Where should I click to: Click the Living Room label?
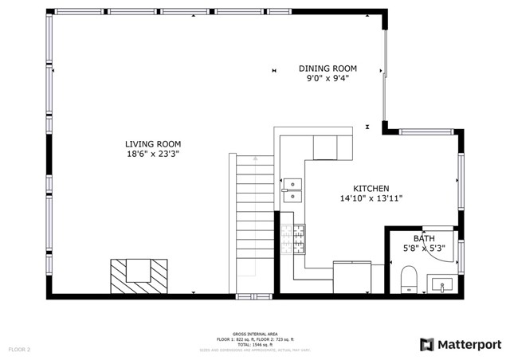(x=151, y=144)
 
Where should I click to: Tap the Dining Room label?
(x=328, y=68)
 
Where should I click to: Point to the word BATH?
(x=424, y=238)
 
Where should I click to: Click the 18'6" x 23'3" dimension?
(x=151, y=155)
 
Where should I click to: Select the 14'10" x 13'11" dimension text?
(x=371, y=198)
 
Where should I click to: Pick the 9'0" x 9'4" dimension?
(x=328, y=78)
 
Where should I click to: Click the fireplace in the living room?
(x=139, y=276)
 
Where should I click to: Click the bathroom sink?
(x=441, y=284)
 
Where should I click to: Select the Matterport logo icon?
(x=427, y=344)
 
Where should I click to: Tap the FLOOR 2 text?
(x=19, y=350)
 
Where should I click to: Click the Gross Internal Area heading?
(x=255, y=335)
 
